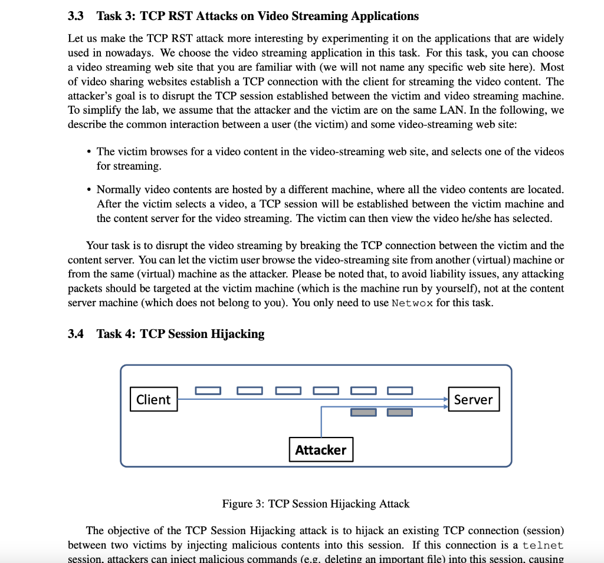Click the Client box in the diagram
(x=153, y=399)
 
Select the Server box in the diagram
(x=473, y=399)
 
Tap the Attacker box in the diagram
(x=321, y=450)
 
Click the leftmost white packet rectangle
(x=208, y=390)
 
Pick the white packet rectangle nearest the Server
(x=400, y=390)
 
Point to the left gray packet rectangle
(x=363, y=412)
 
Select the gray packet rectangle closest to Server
(x=400, y=412)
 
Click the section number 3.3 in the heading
(x=75, y=16)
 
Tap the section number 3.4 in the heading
(x=75, y=334)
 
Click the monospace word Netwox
(x=412, y=303)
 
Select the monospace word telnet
(x=543, y=545)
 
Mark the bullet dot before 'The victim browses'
(x=88, y=152)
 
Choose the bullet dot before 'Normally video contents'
(x=88, y=190)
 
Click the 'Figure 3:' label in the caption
(x=243, y=504)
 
